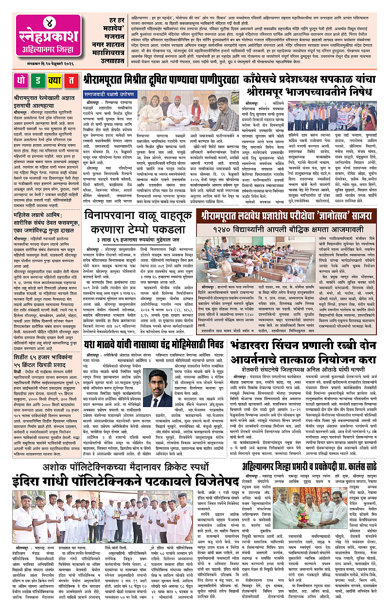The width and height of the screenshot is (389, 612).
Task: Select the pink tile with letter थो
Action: tap(20, 81)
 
